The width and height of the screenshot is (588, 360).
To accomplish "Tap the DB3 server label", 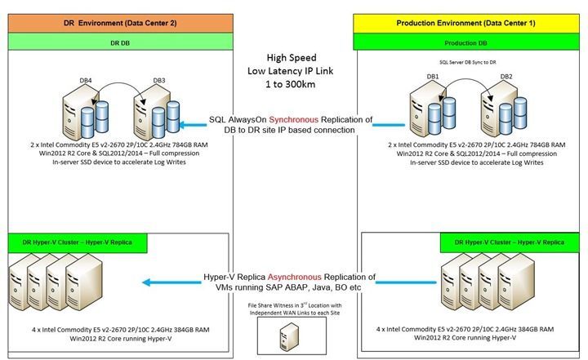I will click(161, 79).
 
